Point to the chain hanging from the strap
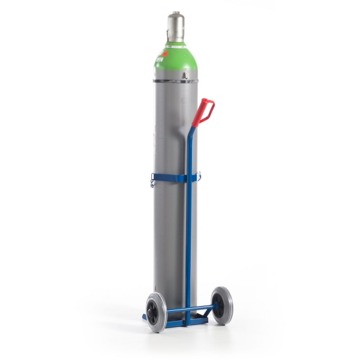click(152, 182)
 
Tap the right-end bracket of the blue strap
click(199, 176)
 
